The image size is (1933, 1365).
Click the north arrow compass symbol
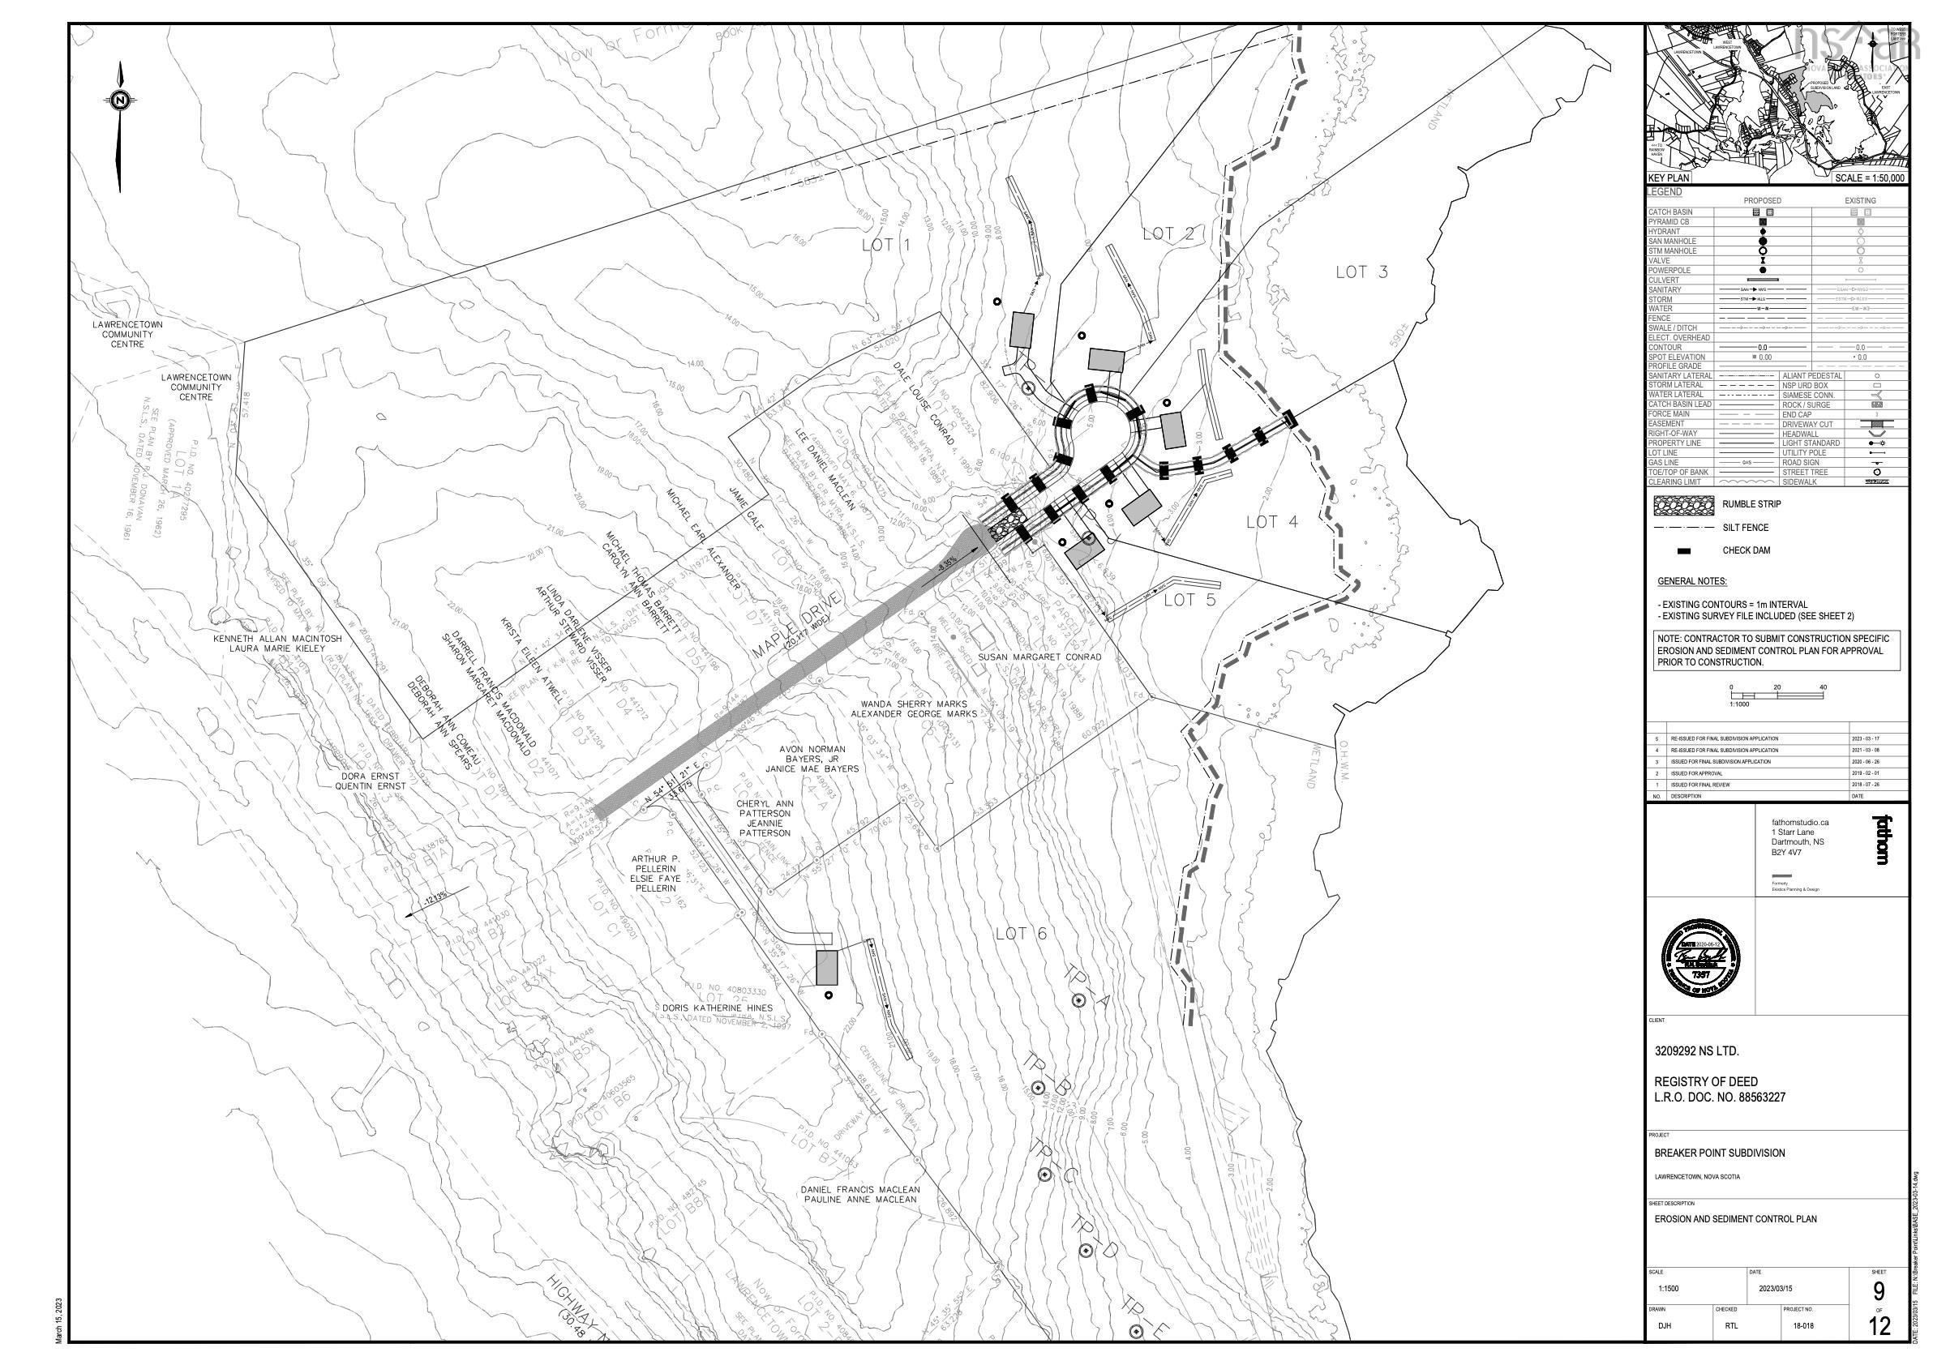point(120,102)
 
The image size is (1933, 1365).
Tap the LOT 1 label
point(886,246)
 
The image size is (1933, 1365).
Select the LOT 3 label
point(1361,272)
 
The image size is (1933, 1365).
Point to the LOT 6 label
point(1020,933)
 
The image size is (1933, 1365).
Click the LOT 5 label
point(1190,600)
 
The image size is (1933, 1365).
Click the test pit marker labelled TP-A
point(1078,999)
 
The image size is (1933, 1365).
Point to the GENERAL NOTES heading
point(1691,581)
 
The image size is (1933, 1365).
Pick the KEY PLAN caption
point(1669,178)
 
